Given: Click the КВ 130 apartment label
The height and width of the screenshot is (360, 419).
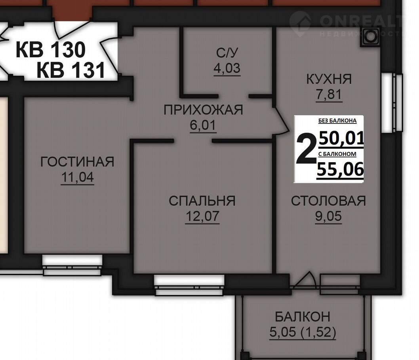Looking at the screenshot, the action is [51, 49].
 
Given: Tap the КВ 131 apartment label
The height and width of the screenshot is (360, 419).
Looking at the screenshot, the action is [71, 70].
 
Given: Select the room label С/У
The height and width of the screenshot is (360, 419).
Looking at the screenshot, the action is [227, 53].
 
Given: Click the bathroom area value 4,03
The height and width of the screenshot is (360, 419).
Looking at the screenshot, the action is [227, 68].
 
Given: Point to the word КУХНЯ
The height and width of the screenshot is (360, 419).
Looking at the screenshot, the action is [329, 79].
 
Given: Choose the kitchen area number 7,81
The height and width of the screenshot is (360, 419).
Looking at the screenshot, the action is [329, 95].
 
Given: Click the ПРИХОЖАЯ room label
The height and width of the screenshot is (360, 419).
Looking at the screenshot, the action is [203, 110].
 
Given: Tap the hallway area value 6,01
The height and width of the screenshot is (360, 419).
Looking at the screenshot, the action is [203, 125].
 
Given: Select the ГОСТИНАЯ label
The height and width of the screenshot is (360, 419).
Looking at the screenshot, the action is [77, 162].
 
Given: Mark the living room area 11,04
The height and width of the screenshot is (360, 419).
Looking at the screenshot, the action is [78, 177].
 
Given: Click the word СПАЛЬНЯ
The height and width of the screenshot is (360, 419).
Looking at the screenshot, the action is [202, 201].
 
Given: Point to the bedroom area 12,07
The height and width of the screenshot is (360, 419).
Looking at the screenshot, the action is [202, 216].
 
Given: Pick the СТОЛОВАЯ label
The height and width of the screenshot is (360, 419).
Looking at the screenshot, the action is [328, 201].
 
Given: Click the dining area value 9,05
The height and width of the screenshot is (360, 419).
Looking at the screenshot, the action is [328, 216].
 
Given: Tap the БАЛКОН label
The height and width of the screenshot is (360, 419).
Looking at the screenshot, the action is [303, 317].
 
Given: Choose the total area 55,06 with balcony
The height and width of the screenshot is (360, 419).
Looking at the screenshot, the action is [340, 169].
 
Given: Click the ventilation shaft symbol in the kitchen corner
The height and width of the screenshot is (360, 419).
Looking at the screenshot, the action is [369, 38].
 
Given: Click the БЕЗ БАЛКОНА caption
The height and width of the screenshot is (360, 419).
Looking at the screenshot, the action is [337, 121].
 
